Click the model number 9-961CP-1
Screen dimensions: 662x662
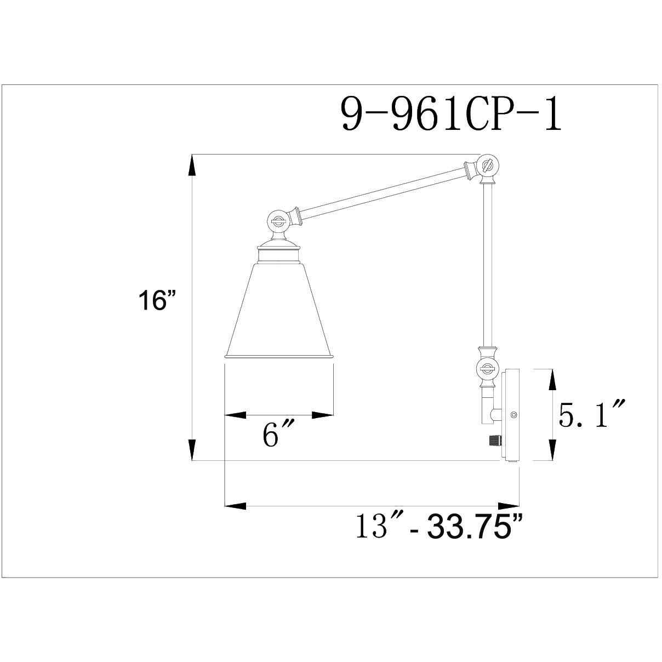(451, 113)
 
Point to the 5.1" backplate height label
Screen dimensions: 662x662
(592, 415)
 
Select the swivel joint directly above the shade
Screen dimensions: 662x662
(278, 222)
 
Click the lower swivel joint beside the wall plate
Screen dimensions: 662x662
(486, 368)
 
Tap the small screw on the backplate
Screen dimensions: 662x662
(513, 415)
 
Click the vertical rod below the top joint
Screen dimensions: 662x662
(486, 263)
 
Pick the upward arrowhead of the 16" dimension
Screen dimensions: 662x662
(192, 164)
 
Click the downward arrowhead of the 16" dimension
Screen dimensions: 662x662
(192, 449)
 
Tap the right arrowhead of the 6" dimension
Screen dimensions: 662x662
(323, 415)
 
